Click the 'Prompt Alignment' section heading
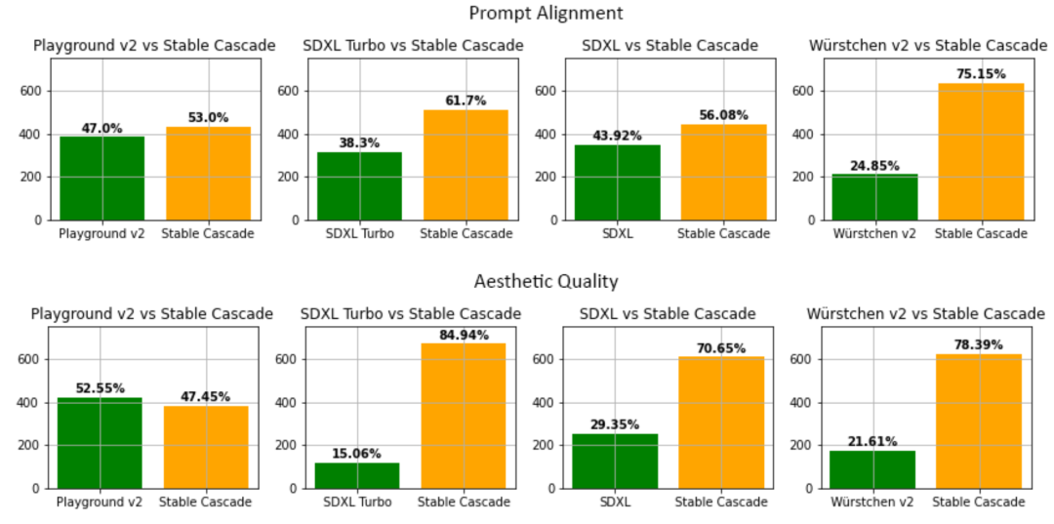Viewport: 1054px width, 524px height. tap(546, 13)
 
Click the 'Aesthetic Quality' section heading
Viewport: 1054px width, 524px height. tap(546, 281)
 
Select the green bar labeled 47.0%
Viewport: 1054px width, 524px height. tap(101, 178)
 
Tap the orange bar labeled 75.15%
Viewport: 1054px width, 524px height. tap(981, 151)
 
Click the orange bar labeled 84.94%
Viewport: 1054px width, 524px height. tap(464, 416)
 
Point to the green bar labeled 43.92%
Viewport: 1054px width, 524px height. tap(617, 182)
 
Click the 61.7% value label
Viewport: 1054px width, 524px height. tap(466, 101)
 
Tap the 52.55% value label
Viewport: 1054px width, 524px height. tap(100, 388)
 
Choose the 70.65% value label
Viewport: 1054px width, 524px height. tap(721, 348)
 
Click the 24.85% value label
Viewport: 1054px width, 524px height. tap(874, 166)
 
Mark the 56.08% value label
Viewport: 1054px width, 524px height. tap(723, 115)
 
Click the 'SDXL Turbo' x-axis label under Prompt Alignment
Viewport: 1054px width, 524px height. tap(359, 233)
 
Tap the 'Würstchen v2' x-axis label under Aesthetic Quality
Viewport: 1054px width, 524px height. tap(872, 502)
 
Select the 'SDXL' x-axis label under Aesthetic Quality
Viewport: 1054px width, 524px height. tap(615, 502)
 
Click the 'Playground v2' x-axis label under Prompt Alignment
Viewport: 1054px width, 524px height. tap(101, 233)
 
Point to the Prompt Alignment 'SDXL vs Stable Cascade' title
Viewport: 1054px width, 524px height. tap(669, 45)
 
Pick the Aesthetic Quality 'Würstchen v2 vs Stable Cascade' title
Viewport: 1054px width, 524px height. tap(926, 313)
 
